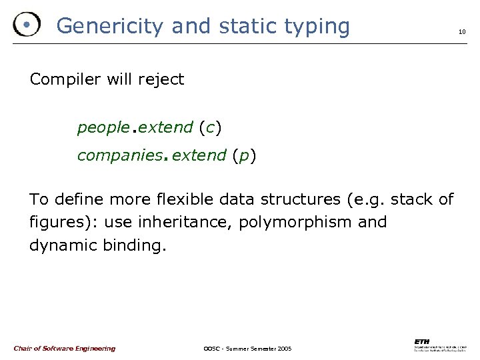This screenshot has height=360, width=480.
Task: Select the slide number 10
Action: [461, 32]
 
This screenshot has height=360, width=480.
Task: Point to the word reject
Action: [161, 80]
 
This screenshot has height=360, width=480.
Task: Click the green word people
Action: [101, 127]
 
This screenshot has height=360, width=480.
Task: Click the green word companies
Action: [120, 155]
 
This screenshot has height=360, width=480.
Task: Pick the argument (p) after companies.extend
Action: [244, 155]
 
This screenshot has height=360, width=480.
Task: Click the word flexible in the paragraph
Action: [164, 199]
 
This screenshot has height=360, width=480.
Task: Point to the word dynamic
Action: [63, 245]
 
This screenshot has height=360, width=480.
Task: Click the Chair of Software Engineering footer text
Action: [64, 348]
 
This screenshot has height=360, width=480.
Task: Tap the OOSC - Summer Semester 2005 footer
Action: [247, 349]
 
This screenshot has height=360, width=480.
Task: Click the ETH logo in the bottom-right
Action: [439, 344]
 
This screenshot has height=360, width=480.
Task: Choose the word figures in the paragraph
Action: [55, 221]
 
